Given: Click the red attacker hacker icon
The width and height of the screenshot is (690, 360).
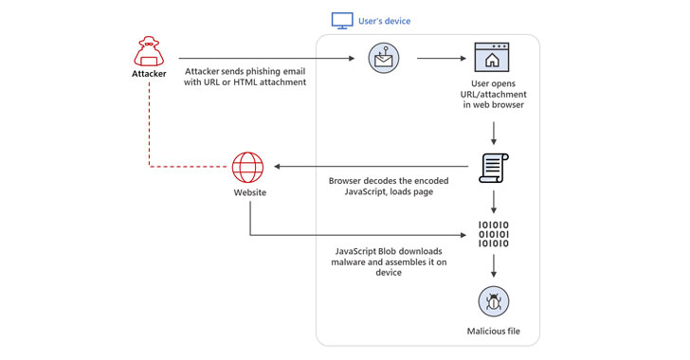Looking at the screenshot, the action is pyautogui.click(x=149, y=51).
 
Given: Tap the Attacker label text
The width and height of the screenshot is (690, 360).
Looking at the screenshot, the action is pyautogui.click(x=149, y=74).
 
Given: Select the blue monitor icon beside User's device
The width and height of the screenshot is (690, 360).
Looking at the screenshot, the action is pyautogui.click(x=342, y=21).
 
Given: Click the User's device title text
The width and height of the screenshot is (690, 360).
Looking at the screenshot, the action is pyautogui.click(x=384, y=21).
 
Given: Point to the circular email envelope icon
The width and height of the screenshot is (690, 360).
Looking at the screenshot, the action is pyautogui.click(x=384, y=58).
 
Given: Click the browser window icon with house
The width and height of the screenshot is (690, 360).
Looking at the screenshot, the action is pyautogui.click(x=492, y=57).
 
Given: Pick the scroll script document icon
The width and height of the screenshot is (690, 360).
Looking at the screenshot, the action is pyautogui.click(x=493, y=168).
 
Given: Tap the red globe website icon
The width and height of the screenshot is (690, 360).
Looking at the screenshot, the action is pyautogui.click(x=247, y=168).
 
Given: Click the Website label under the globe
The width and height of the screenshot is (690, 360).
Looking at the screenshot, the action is pyautogui.click(x=250, y=192).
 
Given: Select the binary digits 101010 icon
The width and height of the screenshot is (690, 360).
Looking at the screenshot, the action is pyautogui.click(x=493, y=234).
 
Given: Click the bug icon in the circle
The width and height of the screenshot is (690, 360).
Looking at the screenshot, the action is pyautogui.click(x=494, y=301).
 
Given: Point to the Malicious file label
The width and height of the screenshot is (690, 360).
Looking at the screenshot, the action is pyautogui.click(x=493, y=332).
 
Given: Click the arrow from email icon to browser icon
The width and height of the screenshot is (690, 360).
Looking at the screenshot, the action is pyautogui.click(x=442, y=58).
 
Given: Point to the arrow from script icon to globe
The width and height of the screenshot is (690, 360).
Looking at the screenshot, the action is pyautogui.click(x=371, y=167).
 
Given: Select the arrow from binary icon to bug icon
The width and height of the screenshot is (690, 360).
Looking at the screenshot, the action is pyautogui.click(x=494, y=266).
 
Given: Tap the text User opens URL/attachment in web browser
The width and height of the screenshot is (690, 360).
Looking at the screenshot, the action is pyautogui.click(x=493, y=94).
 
